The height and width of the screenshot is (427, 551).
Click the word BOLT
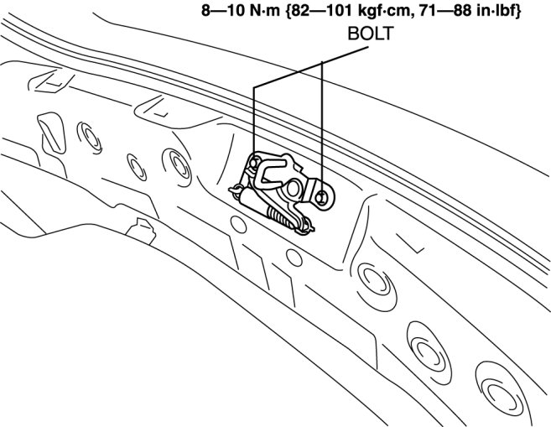[371, 34]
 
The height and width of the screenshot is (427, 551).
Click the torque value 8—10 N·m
[241, 11]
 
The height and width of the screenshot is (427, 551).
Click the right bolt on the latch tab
[321, 198]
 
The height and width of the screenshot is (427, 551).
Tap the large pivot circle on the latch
[293, 189]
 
